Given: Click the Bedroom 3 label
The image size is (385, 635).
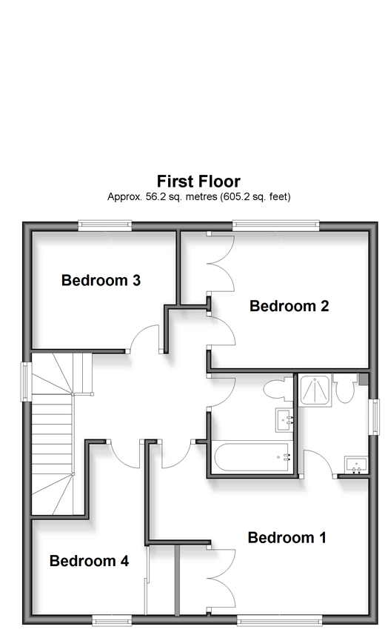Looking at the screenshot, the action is tap(101, 280).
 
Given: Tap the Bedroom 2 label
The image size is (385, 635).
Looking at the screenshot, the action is tap(289, 306).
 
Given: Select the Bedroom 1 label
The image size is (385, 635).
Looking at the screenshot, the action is tap(287, 538).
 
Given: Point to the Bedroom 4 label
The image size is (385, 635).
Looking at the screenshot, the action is tap(89, 561).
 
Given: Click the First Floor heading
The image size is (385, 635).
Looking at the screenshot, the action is tap(198, 181).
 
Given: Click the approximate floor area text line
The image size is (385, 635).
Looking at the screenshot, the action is tap(198, 197).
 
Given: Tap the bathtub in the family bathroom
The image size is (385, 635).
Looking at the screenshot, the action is tap(252, 457).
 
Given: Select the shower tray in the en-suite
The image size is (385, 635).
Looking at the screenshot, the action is tap(315, 390).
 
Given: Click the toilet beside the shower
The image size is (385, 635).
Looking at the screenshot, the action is tap(344, 389).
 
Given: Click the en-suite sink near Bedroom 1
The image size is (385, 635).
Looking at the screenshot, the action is tap(356, 465).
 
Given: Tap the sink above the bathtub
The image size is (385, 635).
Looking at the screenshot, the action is tap(285, 420).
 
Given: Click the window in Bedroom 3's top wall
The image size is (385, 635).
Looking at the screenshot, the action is tap(105, 225).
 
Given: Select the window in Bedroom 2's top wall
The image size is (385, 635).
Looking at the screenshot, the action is tap(275, 225).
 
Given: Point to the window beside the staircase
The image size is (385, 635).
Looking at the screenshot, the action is tap(27, 382).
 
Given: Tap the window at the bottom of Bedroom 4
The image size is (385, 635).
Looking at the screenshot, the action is tap(112, 619).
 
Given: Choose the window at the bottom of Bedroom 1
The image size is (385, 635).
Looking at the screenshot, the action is tap(279, 619).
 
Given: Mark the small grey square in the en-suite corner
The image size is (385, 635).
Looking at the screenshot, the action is tap(363, 379).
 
